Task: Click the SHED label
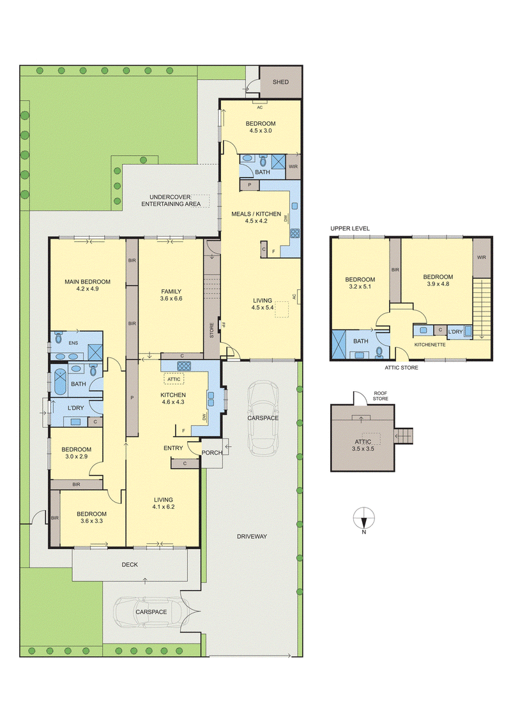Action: (280, 82)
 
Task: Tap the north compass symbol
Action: (364, 516)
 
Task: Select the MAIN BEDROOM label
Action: (87, 282)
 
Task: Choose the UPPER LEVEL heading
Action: (350, 229)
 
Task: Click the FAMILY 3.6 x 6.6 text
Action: (171, 294)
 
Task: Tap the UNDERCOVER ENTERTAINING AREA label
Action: (171, 200)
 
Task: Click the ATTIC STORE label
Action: (401, 368)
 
